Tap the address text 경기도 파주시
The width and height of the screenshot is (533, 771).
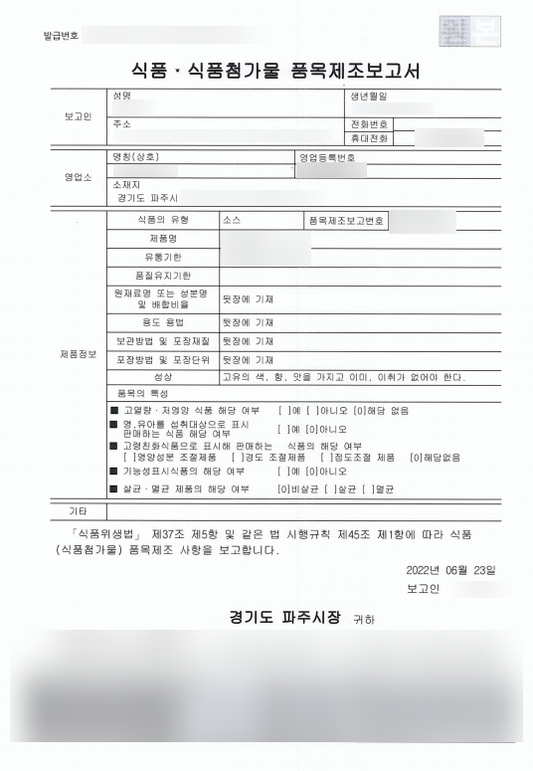tap(144, 198)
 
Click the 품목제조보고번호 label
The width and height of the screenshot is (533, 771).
tap(348, 220)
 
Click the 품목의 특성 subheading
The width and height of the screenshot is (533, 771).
tap(139, 394)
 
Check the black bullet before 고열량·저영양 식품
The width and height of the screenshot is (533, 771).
tap(113, 410)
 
